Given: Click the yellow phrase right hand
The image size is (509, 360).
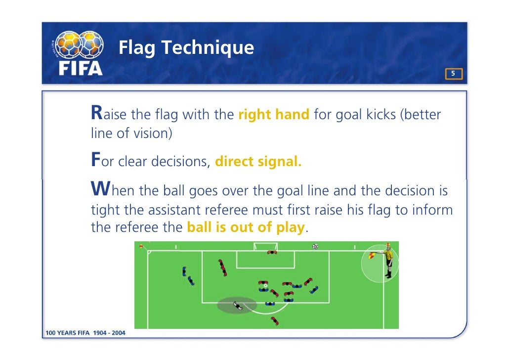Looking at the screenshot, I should click(274, 115).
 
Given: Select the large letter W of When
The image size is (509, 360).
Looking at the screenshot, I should click(99, 189).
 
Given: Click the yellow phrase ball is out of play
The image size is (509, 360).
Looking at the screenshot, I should click(246, 228).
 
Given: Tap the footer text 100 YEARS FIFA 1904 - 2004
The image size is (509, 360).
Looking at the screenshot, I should click(85, 333).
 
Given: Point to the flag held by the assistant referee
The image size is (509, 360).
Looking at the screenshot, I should click(371, 255).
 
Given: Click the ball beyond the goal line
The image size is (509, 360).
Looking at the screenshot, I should click(315, 246).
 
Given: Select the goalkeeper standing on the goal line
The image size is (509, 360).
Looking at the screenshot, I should click(272, 253).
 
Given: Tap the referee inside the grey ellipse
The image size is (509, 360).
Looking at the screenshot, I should click(238, 306).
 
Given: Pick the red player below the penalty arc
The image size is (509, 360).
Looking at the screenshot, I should click(274, 321).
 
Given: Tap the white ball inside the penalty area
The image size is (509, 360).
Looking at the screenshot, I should click(265, 285).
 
